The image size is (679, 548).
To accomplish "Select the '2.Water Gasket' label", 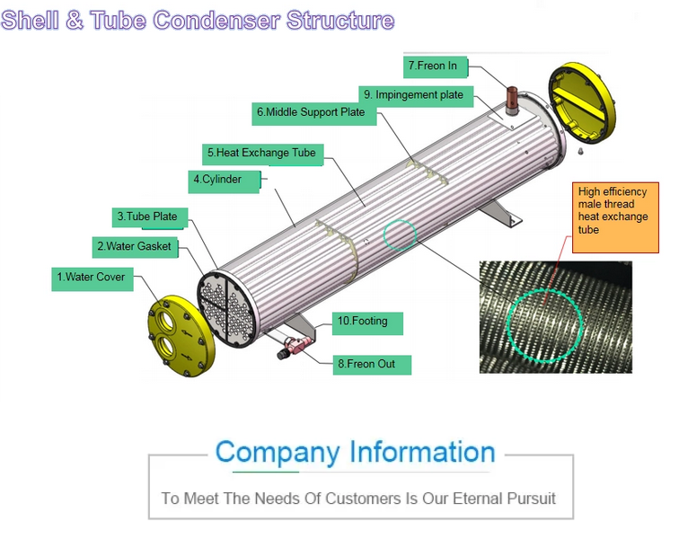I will (133, 246).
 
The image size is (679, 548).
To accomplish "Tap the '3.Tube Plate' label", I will (146, 217).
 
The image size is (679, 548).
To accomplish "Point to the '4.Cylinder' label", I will (216, 180).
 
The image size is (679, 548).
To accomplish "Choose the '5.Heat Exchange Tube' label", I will (260, 154).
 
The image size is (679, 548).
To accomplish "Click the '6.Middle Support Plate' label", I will (311, 112).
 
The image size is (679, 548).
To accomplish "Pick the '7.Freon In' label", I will (432, 66).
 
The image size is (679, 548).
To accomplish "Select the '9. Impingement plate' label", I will (413, 94).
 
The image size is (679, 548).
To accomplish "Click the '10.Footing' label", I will (367, 321).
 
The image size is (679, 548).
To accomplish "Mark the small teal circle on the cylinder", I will (400, 235).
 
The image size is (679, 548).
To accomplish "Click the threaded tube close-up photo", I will (555, 316).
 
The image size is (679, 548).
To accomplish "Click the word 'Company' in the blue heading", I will (278, 452).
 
